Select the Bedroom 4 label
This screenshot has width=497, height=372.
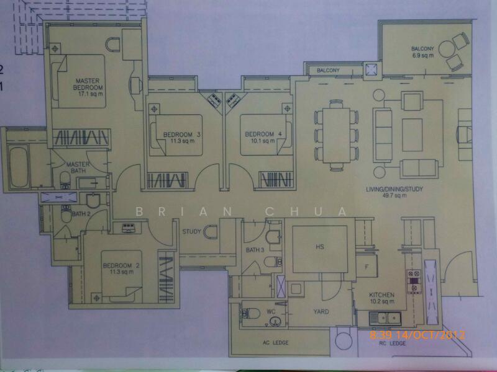click(259, 137)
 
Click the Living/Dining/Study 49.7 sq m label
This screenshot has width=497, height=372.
click(386, 192)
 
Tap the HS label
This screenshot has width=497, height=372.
click(320, 247)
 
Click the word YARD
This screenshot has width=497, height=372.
click(321, 312)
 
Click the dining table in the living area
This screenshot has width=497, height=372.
click(336, 135)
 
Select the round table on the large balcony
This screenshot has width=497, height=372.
click(446, 49)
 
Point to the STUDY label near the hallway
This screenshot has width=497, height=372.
click(191, 232)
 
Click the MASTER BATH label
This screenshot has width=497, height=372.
click(78, 167)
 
